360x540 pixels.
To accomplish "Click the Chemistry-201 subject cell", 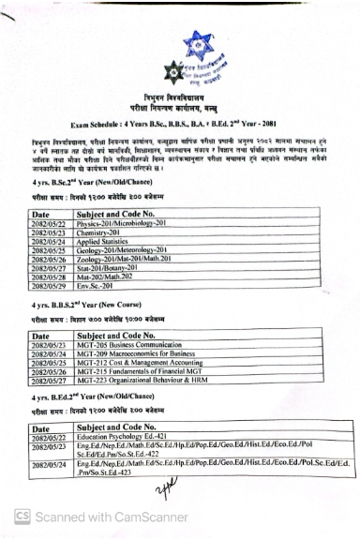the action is (x=99, y=233).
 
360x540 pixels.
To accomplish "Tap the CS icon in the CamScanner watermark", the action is (x=22, y=517).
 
